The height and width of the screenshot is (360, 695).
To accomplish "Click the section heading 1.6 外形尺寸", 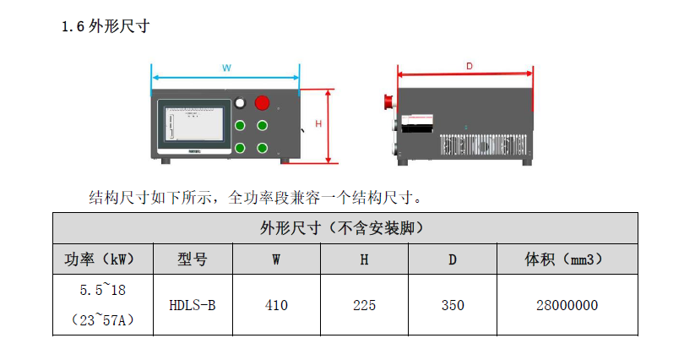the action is pyautogui.click(x=106, y=26).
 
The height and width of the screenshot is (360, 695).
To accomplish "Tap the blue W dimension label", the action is pyautogui.click(x=226, y=68).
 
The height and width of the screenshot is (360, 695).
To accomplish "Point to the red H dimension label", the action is pyautogui.click(x=318, y=124).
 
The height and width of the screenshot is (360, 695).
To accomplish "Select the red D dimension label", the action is pyautogui.click(x=470, y=66).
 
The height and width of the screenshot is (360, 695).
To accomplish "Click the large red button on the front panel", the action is pyautogui.click(x=262, y=103).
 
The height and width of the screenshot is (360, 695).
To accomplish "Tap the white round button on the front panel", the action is pyautogui.click(x=240, y=103).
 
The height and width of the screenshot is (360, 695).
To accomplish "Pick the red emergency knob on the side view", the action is pyautogui.click(x=388, y=101).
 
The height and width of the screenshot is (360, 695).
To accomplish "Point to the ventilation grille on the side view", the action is pyautogui.click(x=483, y=145).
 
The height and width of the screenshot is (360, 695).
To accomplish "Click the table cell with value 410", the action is pyautogui.click(x=276, y=305).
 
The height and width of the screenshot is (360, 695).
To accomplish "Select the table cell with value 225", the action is pyautogui.click(x=364, y=305).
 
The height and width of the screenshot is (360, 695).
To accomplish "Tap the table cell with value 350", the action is pyautogui.click(x=453, y=305).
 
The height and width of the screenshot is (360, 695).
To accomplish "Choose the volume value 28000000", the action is pyautogui.click(x=567, y=305).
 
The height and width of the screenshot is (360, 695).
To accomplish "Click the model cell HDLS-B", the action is pyautogui.click(x=193, y=305).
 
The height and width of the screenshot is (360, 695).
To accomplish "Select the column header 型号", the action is pyautogui.click(x=193, y=259).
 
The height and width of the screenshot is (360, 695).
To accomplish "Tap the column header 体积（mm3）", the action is pyautogui.click(x=567, y=259).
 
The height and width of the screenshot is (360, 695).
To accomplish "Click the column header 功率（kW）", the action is pyautogui.click(x=103, y=259).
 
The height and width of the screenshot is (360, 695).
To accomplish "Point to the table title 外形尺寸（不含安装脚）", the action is pyautogui.click(x=345, y=228).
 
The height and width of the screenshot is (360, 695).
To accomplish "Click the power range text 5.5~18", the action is pyautogui.click(x=103, y=290).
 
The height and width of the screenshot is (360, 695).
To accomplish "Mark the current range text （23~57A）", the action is pyautogui.click(x=103, y=319).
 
